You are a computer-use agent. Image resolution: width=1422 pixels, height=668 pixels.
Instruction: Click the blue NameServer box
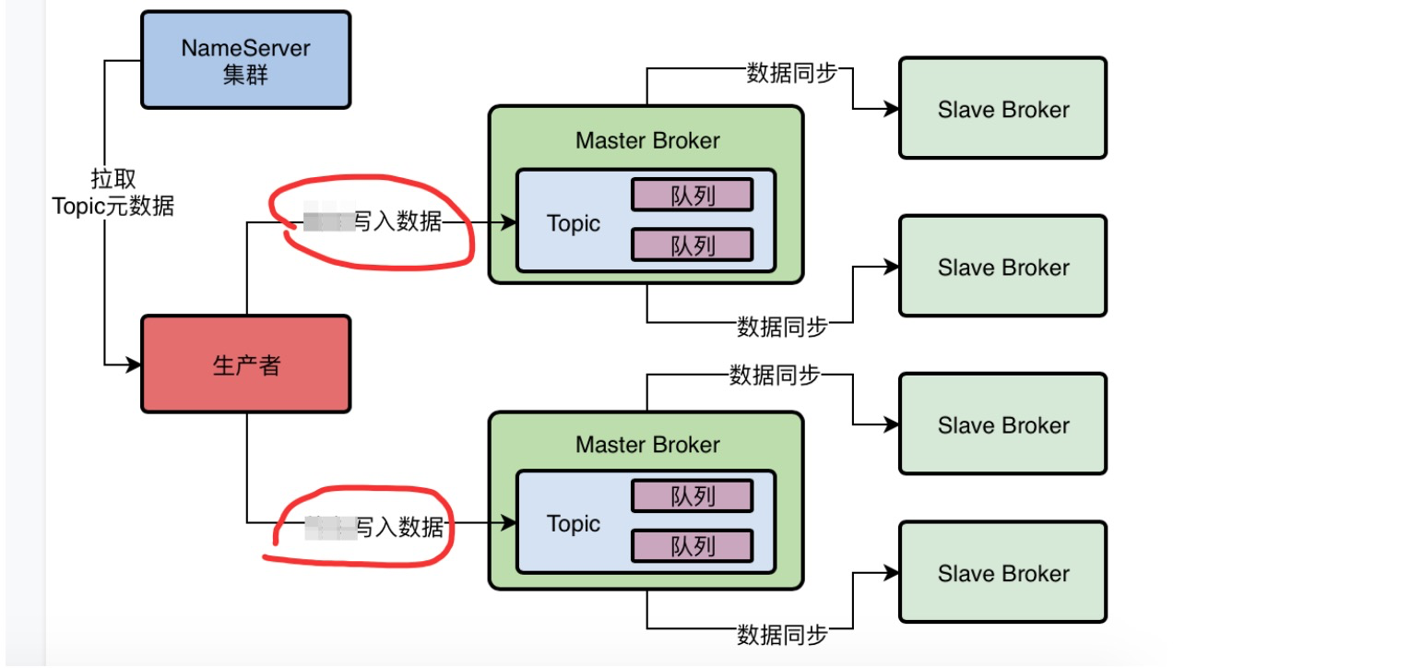click(x=245, y=59)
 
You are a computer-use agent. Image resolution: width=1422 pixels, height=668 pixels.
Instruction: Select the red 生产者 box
click(x=245, y=364)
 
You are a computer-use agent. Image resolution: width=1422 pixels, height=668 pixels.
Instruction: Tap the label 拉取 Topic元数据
click(x=113, y=192)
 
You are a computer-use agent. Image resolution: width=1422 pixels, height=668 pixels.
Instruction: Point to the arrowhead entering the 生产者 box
click(x=134, y=365)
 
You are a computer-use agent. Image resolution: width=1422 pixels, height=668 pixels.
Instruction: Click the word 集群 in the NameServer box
click(x=245, y=76)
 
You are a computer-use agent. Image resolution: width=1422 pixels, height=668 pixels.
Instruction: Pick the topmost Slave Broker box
click(x=1002, y=109)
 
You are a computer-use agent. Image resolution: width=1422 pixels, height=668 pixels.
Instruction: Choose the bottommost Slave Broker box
click(x=1002, y=573)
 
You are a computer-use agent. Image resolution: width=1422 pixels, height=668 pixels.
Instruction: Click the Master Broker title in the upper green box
click(x=646, y=140)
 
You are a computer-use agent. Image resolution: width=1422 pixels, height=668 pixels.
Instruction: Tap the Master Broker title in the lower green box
click(x=646, y=445)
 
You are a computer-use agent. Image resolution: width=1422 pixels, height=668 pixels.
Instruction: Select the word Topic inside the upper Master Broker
click(x=573, y=223)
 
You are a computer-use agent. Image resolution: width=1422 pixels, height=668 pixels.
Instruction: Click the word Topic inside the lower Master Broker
click(x=573, y=524)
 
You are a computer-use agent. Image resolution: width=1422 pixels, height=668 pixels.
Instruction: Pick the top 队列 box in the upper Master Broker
click(x=692, y=195)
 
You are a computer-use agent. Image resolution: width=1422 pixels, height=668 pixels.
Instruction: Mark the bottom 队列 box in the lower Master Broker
click(x=692, y=546)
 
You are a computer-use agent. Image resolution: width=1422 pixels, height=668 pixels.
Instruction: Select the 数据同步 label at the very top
click(x=791, y=73)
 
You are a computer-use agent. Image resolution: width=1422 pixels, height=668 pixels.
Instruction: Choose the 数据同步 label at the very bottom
click(x=782, y=635)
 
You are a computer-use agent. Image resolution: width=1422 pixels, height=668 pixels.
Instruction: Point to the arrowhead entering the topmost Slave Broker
click(x=892, y=109)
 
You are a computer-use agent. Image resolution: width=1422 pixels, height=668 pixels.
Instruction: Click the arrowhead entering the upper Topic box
click(x=508, y=223)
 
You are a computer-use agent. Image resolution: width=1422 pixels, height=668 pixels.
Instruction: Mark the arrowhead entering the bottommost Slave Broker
click(x=892, y=573)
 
